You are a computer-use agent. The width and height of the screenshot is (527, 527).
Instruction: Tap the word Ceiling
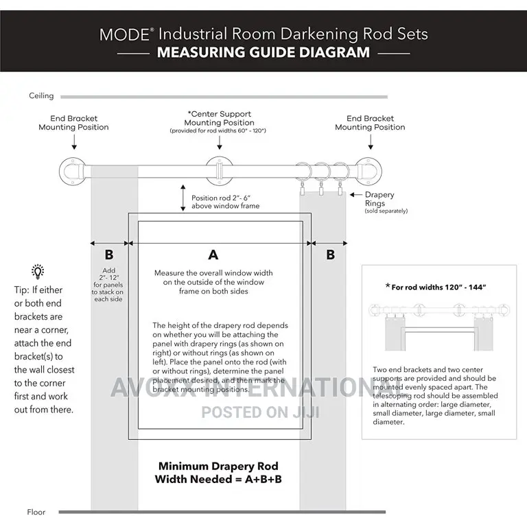tap(40, 96)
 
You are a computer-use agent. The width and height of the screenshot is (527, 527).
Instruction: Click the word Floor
tap(36, 512)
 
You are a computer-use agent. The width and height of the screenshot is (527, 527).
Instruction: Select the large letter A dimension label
tap(213, 255)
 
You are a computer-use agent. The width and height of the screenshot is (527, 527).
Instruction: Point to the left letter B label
tap(108, 255)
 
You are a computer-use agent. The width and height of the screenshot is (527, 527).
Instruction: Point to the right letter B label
tap(331, 255)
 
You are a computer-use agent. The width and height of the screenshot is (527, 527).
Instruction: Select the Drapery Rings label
tap(379, 200)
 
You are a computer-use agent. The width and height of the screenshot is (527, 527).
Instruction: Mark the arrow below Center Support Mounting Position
tap(219, 143)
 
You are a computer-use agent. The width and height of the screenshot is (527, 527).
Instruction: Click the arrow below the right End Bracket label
tap(371, 142)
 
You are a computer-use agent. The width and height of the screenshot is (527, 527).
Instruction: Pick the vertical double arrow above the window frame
tap(183, 198)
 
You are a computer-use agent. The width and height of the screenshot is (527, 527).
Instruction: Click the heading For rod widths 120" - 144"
tap(438, 287)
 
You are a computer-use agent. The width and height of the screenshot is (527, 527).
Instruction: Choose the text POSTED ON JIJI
tap(261, 412)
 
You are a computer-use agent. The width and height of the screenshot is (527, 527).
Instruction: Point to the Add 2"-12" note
tap(108, 279)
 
